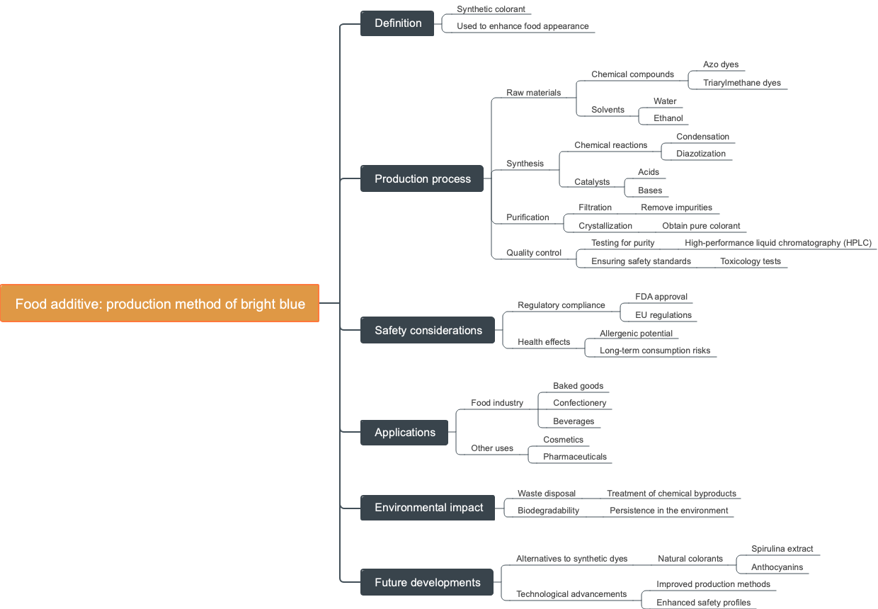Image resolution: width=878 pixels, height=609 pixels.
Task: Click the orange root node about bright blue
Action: [x=160, y=304]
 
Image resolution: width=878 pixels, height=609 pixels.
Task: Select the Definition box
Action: [x=397, y=23]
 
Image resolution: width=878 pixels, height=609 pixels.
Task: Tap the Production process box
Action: [x=422, y=179]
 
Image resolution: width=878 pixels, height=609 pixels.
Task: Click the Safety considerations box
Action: [x=428, y=331]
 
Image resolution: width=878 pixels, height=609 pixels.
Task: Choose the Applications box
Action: [x=404, y=433]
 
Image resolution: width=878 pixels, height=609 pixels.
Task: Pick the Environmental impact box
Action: [x=428, y=508]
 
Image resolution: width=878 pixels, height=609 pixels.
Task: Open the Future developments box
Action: [x=427, y=583]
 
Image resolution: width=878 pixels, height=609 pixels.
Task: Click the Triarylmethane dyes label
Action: [x=741, y=83]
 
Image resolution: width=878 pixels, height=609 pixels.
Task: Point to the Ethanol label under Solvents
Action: [x=668, y=118]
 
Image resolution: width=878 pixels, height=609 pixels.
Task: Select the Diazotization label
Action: [x=700, y=154]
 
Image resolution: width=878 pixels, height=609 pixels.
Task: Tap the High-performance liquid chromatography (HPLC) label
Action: [x=777, y=243]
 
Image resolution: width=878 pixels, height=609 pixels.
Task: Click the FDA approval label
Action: [x=661, y=297]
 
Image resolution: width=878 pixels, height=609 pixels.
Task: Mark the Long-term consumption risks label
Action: [x=654, y=351]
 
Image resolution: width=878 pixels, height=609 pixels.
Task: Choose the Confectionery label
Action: [x=579, y=403]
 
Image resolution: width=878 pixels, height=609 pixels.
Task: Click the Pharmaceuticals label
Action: [x=574, y=457]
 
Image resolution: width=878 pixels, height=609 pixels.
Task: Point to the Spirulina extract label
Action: [x=782, y=549]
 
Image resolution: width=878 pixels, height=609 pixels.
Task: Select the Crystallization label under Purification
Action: [x=605, y=226]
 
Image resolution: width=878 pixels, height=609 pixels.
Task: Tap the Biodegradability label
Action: [x=548, y=511]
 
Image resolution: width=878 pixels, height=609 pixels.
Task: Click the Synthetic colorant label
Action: [x=491, y=9]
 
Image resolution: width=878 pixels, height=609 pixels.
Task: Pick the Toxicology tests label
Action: [x=750, y=261]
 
